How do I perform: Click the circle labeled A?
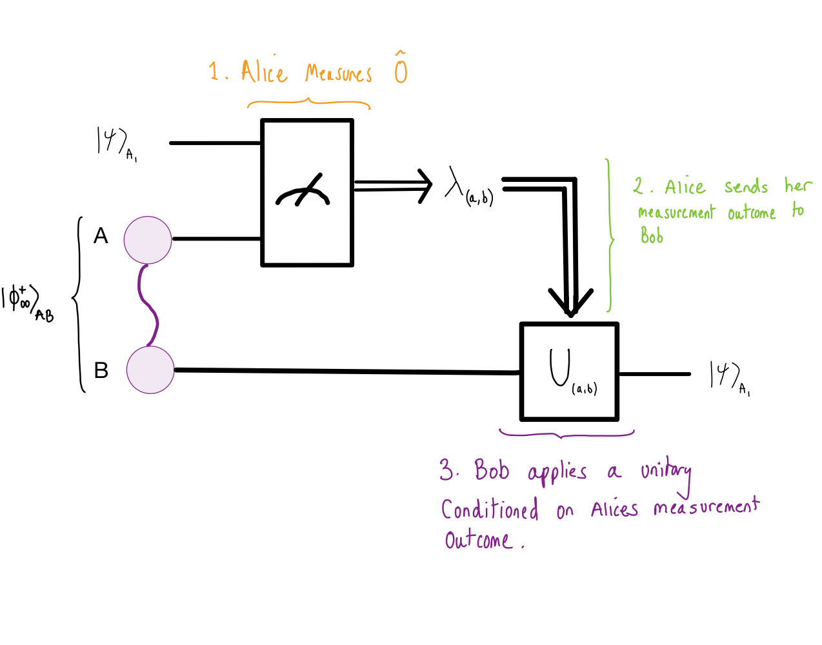(x=148, y=240)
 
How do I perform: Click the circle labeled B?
(x=150, y=370)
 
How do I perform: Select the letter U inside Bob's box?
(x=559, y=368)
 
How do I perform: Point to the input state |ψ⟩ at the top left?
(x=113, y=142)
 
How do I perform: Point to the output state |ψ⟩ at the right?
(x=726, y=375)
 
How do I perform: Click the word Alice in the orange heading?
(x=264, y=72)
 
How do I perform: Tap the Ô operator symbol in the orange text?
(x=401, y=68)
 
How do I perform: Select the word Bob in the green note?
(x=652, y=236)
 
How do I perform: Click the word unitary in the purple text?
(x=665, y=473)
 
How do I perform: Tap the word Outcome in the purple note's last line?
(x=478, y=540)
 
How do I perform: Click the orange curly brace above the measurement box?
(x=308, y=103)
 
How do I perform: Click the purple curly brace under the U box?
(x=566, y=435)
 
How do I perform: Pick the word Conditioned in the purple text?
(x=490, y=510)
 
